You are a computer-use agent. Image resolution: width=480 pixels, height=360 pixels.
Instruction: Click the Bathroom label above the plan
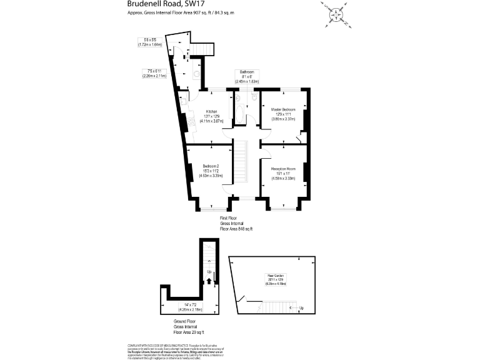click(x=246, y=72)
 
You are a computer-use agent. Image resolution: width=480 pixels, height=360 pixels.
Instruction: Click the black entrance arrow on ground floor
click(x=210, y=281)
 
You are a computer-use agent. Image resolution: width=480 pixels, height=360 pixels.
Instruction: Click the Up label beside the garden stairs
click(x=301, y=307)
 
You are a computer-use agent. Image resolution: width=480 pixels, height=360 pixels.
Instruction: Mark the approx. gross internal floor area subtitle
click(x=176, y=12)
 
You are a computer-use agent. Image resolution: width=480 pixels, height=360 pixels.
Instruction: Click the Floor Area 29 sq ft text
click(x=188, y=332)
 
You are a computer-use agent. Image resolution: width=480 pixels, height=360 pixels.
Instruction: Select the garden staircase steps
click(x=276, y=306)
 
